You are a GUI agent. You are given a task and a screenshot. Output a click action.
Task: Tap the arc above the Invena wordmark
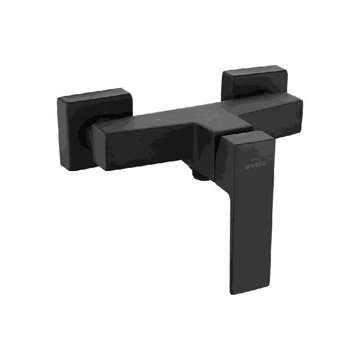[256, 160]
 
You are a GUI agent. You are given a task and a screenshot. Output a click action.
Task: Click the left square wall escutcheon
[94, 129]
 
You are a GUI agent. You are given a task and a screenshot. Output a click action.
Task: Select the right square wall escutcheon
[255, 83]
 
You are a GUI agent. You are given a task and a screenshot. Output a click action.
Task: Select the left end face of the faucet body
[99, 148]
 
